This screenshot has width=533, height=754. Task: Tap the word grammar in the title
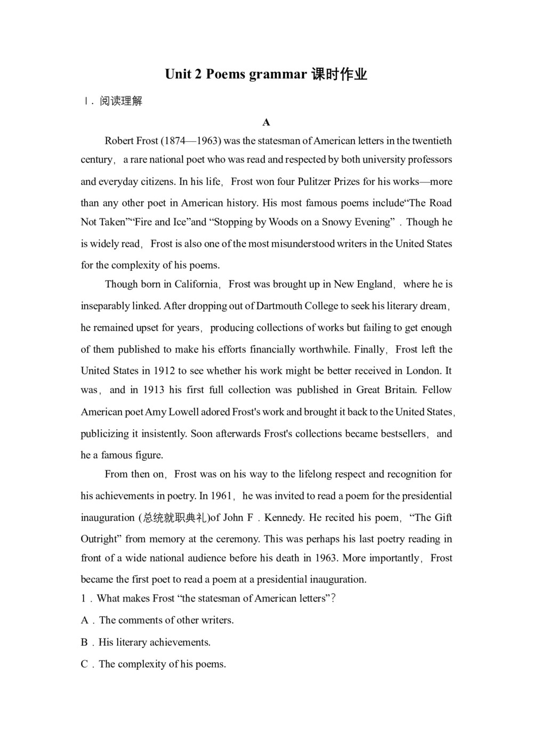278,74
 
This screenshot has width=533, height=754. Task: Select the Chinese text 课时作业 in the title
340,74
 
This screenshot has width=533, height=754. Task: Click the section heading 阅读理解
121,101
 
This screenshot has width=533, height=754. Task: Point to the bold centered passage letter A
266,123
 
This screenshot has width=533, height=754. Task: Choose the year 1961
221,496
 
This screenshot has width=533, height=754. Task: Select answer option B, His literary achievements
154,642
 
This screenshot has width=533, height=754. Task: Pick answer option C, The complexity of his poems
162,664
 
